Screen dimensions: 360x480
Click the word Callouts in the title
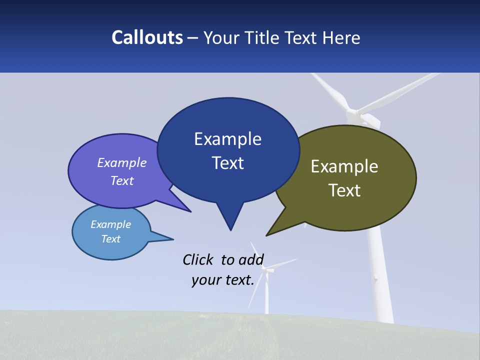147,37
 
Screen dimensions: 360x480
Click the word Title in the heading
264,38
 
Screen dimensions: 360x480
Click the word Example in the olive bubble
344,166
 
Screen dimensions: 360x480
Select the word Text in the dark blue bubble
228,163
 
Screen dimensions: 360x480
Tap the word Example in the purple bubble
122,162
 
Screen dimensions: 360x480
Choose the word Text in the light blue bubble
111,239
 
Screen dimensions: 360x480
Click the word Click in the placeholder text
198,259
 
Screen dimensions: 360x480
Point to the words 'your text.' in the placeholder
223,280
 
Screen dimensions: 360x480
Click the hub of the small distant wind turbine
268,270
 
